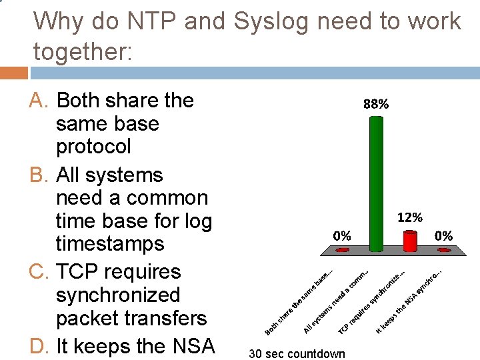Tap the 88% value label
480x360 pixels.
pyautogui.click(x=376, y=104)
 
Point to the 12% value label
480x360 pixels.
pyautogui.click(x=409, y=217)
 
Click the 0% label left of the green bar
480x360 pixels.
pyautogui.click(x=342, y=235)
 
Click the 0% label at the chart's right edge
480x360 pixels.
pyautogui.click(x=443, y=235)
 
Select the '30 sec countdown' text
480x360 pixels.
pyautogui.click(x=297, y=353)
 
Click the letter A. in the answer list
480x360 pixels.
pyautogui.click(x=41, y=101)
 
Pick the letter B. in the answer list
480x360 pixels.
pyautogui.click(x=41, y=175)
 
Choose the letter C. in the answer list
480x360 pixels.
pyautogui.click(x=41, y=272)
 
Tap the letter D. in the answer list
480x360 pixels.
pyautogui.click(x=41, y=347)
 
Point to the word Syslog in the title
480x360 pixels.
pyautogui.click(x=271, y=21)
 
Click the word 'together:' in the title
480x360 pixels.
pyautogui.click(x=83, y=51)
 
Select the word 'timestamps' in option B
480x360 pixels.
pyautogui.click(x=110, y=243)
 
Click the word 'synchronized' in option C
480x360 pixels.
pyautogui.click(x=118, y=295)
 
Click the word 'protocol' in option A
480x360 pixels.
pyautogui.click(x=93, y=146)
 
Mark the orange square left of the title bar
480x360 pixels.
pyautogui.click(x=13, y=73)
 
